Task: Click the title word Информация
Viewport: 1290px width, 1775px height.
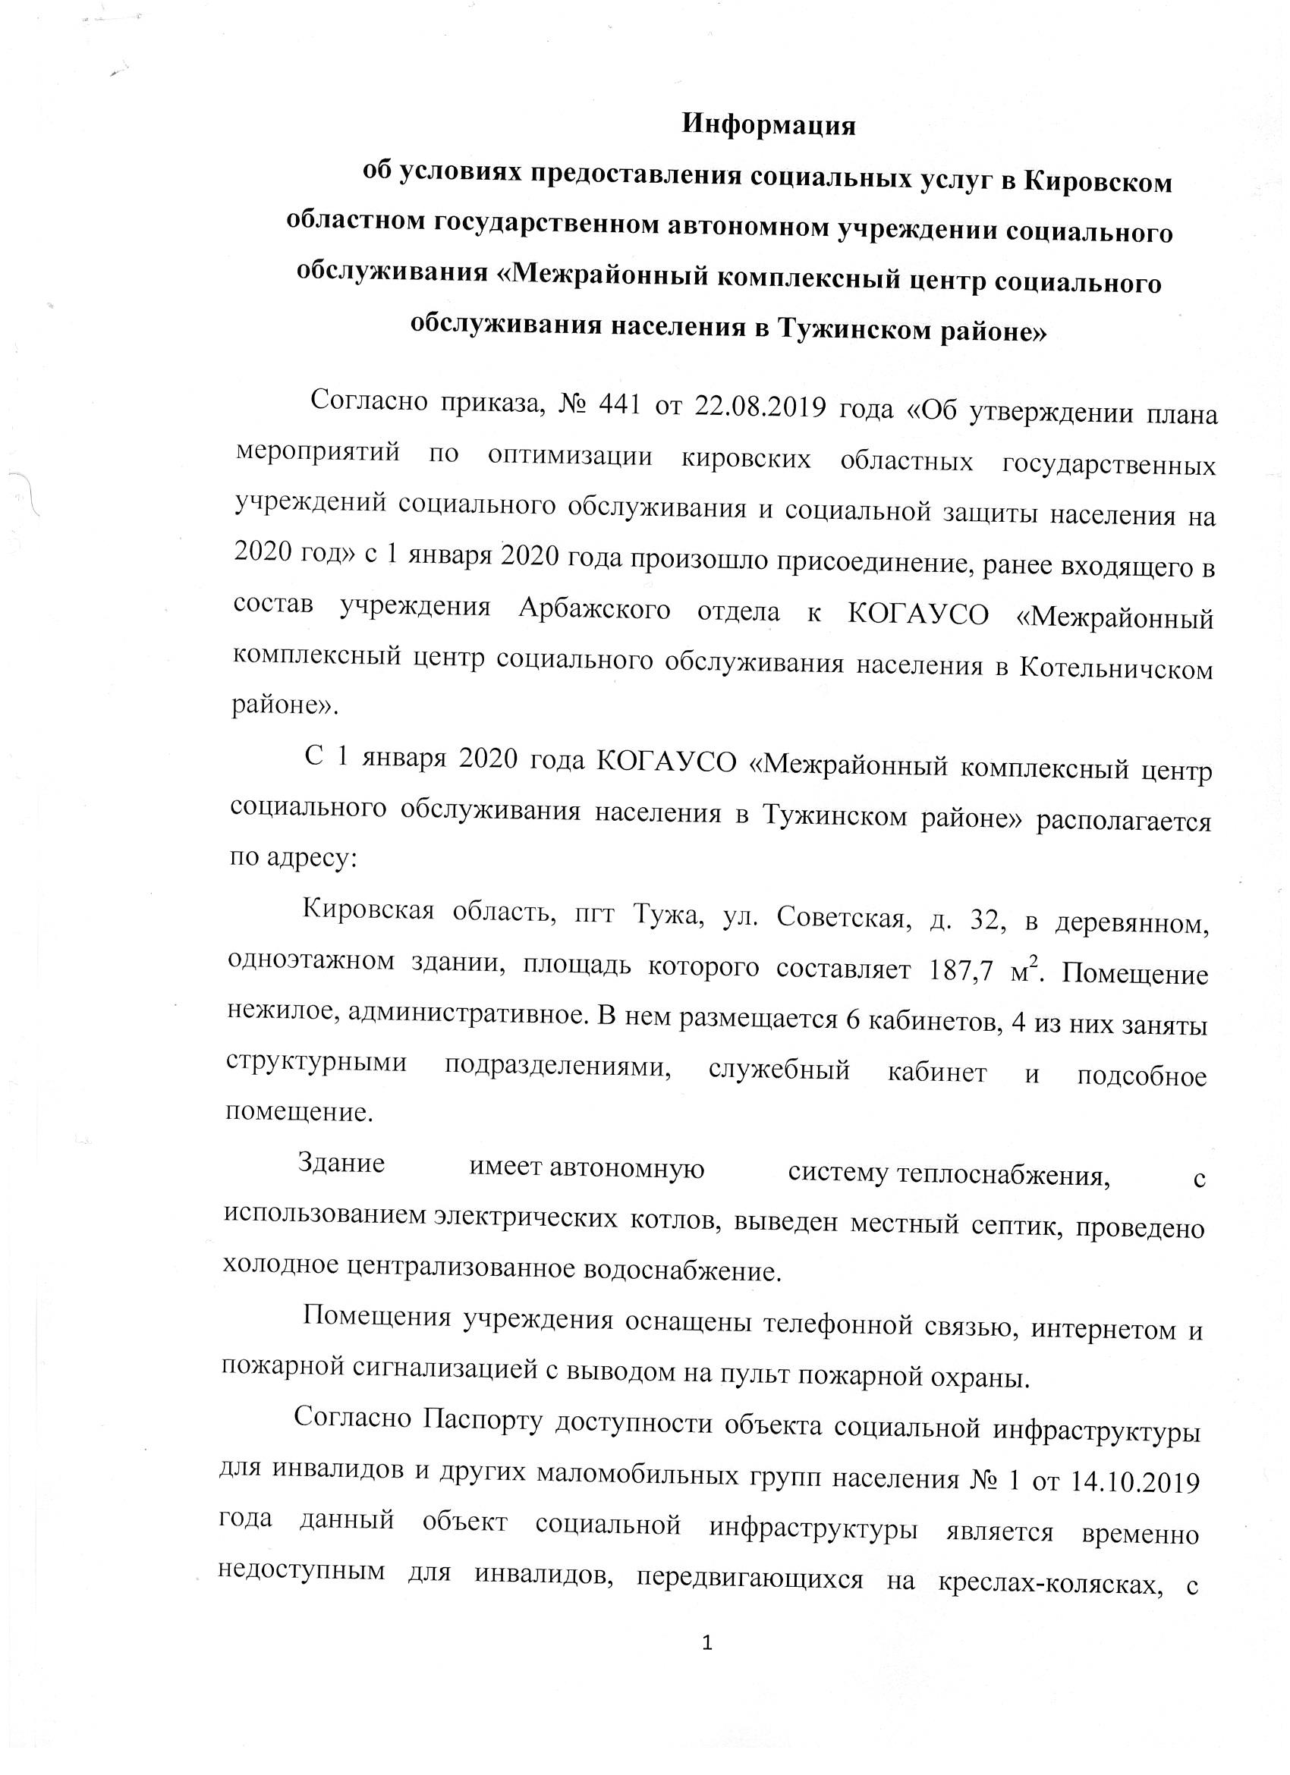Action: click(x=769, y=126)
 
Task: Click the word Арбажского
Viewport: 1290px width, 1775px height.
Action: click(x=593, y=610)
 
